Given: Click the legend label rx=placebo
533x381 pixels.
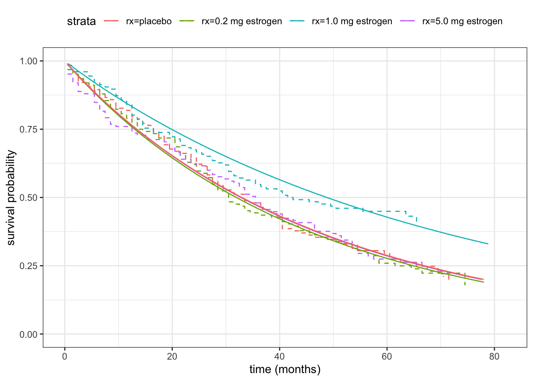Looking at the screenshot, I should click(x=149, y=21).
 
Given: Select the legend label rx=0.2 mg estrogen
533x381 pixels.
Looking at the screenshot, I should click(x=242, y=21).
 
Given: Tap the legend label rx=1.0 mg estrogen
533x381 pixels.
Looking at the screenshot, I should click(x=352, y=21).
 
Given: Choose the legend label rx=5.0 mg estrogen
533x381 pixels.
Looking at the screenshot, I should click(x=462, y=21).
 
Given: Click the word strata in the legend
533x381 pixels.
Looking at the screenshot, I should click(x=81, y=21).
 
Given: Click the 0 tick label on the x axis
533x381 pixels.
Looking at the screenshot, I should click(x=65, y=356).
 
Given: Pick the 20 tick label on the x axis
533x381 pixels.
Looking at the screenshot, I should click(x=172, y=356).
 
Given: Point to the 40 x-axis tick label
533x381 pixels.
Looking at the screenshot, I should click(x=280, y=356).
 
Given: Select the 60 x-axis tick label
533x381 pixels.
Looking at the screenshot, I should click(x=387, y=356).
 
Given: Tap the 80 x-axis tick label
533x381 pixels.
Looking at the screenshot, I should click(x=494, y=356).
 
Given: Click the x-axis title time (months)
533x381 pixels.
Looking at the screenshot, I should click(x=285, y=369).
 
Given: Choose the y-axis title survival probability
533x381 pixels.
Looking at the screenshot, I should click(x=11, y=198).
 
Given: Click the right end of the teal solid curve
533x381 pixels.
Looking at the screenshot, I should click(x=488, y=244).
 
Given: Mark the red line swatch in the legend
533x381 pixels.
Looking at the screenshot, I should click(x=112, y=21).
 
